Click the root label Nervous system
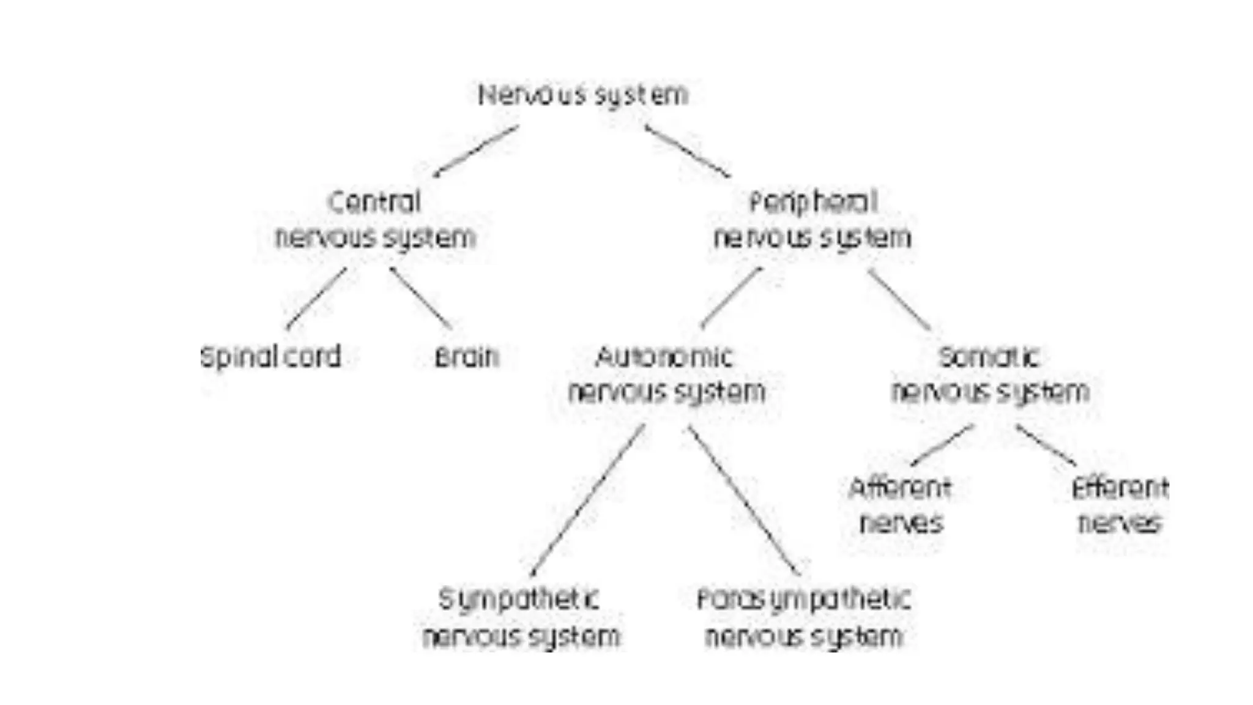pyautogui.click(x=582, y=95)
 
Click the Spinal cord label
pyautogui.click(x=270, y=357)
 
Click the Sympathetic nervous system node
pyautogui.click(x=521, y=617)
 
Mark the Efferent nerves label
pyautogui.click(x=1120, y=505)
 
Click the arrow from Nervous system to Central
pyautogui.click(x=476, y=151)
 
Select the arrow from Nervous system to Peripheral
pyautogui.click(x=688, y=151)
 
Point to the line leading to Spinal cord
pyautogui.click(x=317, y=298)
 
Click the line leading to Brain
pyautogui.click(x=420, y=298)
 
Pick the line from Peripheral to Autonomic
pyautogui.click(x=731, y=298)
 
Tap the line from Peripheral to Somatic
pyautogui.click(x=899, y=299)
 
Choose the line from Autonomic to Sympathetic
pyautogui.click(x=588, y=499)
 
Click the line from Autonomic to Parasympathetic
pyautogui.click(x=744, y=499)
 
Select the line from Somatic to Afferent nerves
pyautogui.click(x=942, y=445)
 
